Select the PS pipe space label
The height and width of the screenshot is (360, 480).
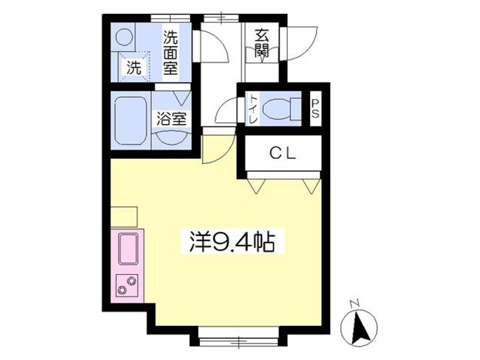click(x=315, y=107)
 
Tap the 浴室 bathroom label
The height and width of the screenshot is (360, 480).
click(x=171, y=120)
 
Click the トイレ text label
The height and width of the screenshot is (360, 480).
click(x=254, y=108)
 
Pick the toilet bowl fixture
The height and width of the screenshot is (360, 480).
click(x=281, y=107)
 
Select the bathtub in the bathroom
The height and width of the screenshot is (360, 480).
click(x=130, y=121)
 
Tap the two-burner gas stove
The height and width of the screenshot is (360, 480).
click(x=126, y=285)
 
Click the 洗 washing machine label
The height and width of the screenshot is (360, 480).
click(x=135, y=67)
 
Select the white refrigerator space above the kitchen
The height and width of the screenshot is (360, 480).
click(x=123, y=217)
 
